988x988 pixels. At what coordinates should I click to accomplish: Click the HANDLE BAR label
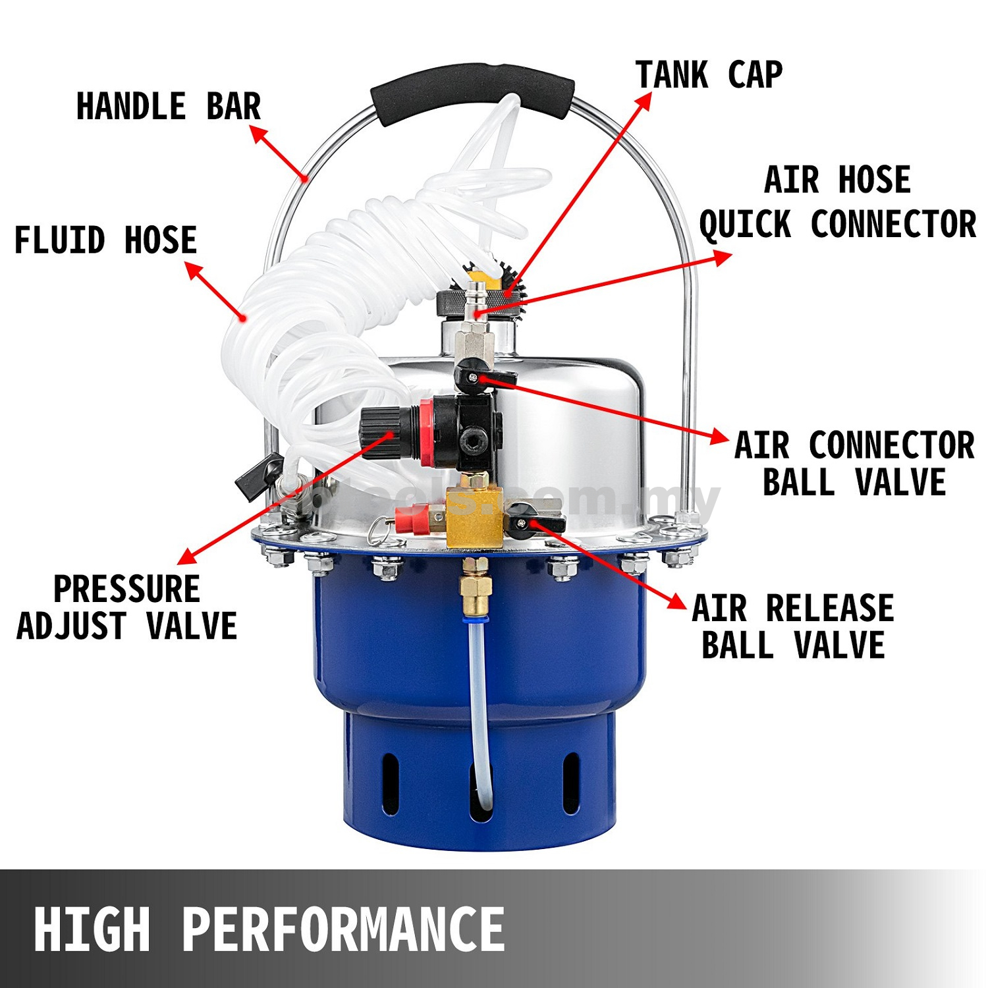[x=169, y=107]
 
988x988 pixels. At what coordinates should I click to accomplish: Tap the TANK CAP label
[x=709, y=74]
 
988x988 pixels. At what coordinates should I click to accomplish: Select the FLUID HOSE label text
[x=105, y=240]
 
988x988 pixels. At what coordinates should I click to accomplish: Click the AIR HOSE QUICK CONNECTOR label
[x=837, y=202]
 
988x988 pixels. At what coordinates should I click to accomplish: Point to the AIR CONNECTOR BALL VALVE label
[x=854, y=464]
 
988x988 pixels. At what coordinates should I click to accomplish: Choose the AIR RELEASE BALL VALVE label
[x=793, y=626]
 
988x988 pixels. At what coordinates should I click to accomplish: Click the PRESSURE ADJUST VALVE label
[x=126, y=607]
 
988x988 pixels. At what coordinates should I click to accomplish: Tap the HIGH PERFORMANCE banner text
[x=269, y=929]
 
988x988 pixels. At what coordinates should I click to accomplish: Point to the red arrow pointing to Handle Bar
[x=279, y=153]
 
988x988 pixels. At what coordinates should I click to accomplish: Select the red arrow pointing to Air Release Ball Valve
[x=606, y=563]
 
